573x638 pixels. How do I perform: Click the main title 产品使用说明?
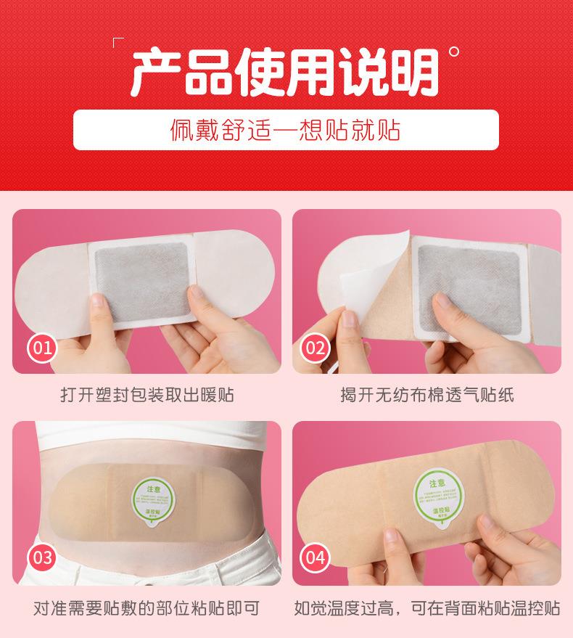[x=284, y=72]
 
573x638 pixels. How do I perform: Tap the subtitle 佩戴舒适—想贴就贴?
[x=286, y=130]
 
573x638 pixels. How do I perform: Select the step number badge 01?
[x=43, y=347]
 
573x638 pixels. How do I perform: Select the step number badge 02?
[x=316, y=347]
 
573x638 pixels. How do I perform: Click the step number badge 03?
[x=43, y=557]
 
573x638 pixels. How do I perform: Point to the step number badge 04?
[x=316, y=557]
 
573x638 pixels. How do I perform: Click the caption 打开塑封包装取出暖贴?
[x=147, y=396]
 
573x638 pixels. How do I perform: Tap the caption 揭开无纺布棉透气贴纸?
[x=426, y=396]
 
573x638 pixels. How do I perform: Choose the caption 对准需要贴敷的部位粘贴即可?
[x=147, y=607]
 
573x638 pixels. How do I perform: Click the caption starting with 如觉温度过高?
[x=426, y=607]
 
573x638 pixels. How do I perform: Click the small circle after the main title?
[x=454, y=52]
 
